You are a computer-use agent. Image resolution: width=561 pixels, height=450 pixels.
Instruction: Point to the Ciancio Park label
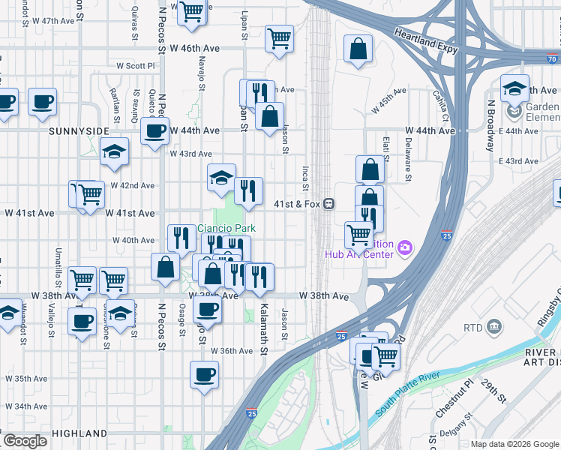[226, 229]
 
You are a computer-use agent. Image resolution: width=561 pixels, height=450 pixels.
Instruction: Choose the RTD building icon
[494, 327]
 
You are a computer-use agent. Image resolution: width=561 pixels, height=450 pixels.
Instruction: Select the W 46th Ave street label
[194, 48]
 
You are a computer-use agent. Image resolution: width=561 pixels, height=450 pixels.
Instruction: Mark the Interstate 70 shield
[552, 58]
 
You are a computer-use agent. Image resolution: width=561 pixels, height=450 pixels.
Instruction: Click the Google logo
[25, 441]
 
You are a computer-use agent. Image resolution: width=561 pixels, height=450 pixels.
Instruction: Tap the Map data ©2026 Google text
[514, 444]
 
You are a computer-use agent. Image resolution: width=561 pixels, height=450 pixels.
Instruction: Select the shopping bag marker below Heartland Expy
[359, 49]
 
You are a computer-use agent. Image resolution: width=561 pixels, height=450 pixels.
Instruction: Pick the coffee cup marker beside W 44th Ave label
[155, 132]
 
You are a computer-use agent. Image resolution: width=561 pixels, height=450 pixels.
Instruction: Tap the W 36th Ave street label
[232, 351]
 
